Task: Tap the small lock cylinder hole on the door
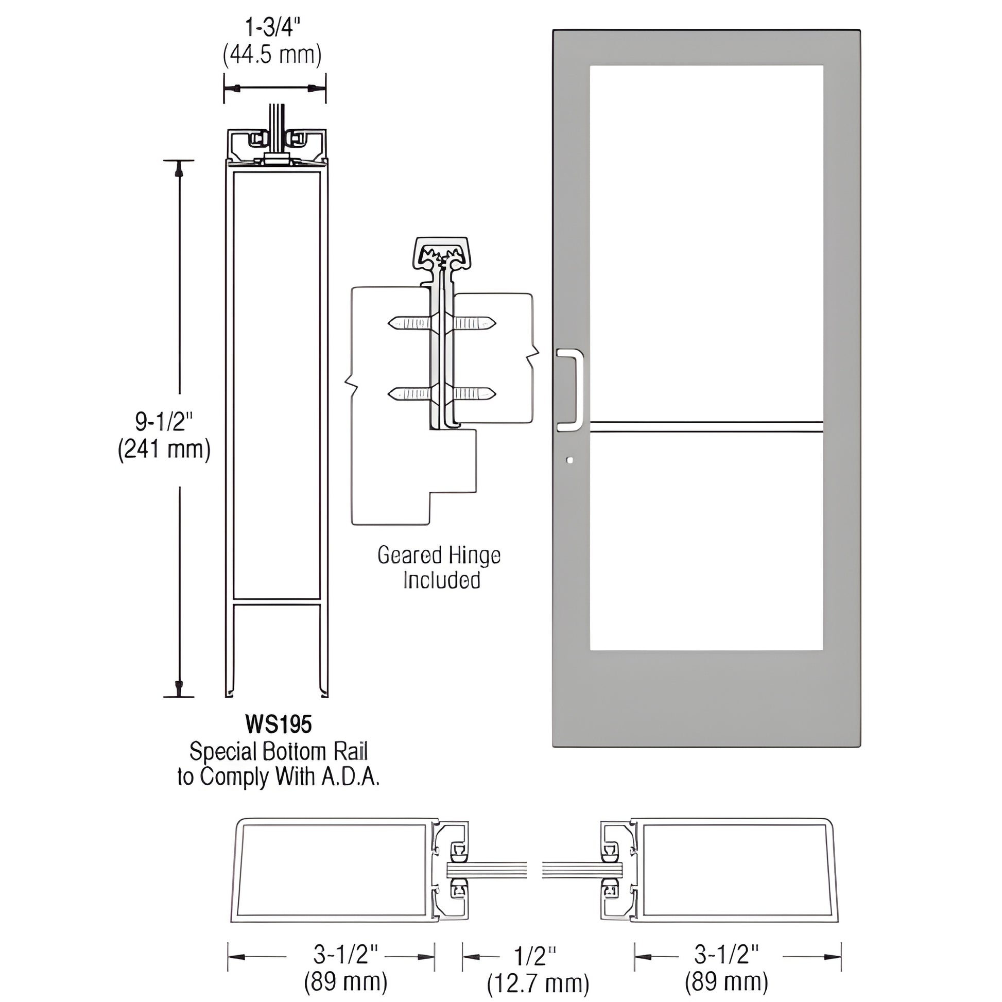(570, 460)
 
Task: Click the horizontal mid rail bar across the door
(706, 427)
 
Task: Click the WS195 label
(279, 724)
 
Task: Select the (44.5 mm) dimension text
(272, 54)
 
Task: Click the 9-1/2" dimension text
(164, 422)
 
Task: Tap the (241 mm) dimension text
(164, 449)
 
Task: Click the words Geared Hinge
(439, 556)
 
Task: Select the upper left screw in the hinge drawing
(410, 324)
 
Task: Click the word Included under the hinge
(441, 580)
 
